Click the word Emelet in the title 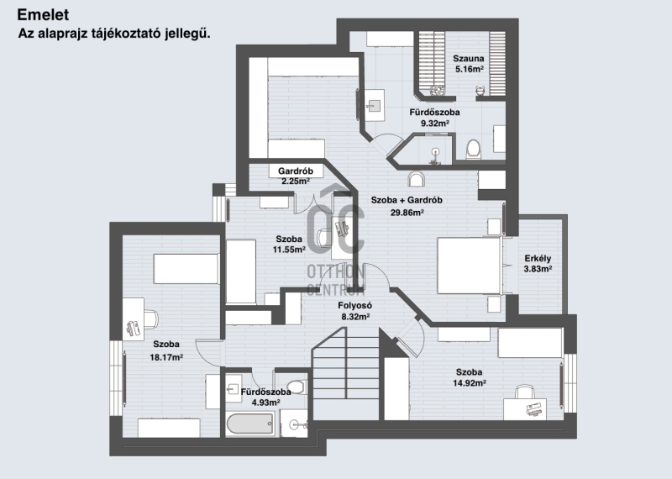tap(43, 14)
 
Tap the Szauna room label tap(469, 58)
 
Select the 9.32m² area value tap(434, 124)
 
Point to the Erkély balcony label tap(538, 258)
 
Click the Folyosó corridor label tap(354, 306)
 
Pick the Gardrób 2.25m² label tap(296, 176)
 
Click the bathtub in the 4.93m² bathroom tap(249, 424)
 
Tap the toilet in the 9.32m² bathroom tap(473, 149)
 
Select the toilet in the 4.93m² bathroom tap(297, 387)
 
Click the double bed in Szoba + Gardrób tap(470, 266)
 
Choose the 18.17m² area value tap(166, 357)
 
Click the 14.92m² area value tap(470, 383)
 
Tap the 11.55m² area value tap(289, 249)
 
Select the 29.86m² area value tap(407, 212)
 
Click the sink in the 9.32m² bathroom tap(374, 105)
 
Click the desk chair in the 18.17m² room tap(150, 318)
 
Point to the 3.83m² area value tap(538, 269)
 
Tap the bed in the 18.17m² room tap(186, 269)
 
